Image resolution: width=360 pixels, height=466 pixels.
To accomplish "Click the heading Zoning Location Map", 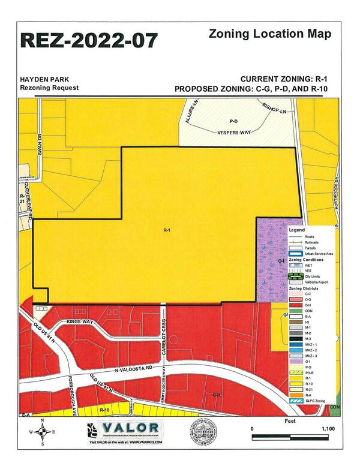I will pyautogui.click(x=269, y=34).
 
